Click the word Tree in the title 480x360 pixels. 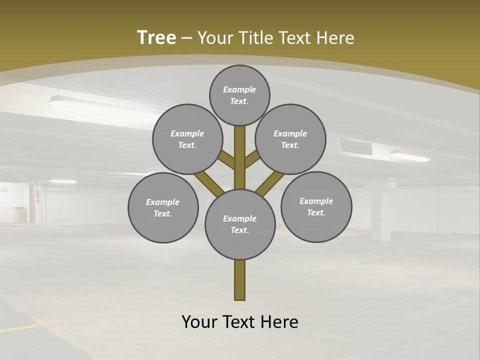point(156,38)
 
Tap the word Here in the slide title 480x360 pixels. point(335,38)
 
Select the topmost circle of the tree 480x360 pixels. point(239,95)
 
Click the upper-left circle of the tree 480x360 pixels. point(187,139)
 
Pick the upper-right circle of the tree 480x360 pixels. point(290,139)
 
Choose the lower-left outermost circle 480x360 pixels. point(163,207)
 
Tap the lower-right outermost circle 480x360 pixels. point(316,206)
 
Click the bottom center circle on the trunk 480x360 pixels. point(240,224)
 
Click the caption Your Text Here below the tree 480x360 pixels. point(240,322)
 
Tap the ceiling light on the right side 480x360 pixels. point(410,156)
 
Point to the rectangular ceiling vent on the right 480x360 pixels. point(356,146)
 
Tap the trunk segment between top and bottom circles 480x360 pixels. point(240,157)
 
